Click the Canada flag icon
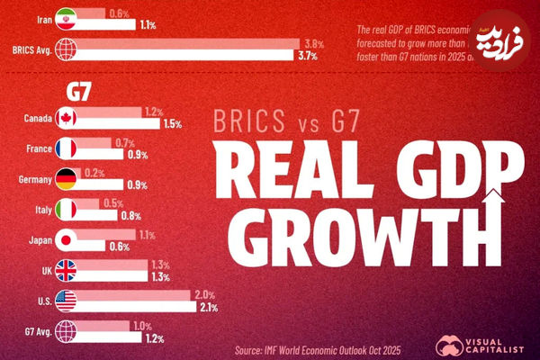(x=67, y=118)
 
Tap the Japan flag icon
(x=67, y=239)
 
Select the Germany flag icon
(x=67, y=178)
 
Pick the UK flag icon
(x=67, y=270)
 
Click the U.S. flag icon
(x=67, y=301)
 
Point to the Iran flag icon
(x=67, y=19)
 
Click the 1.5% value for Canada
(x=172, y=124)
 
